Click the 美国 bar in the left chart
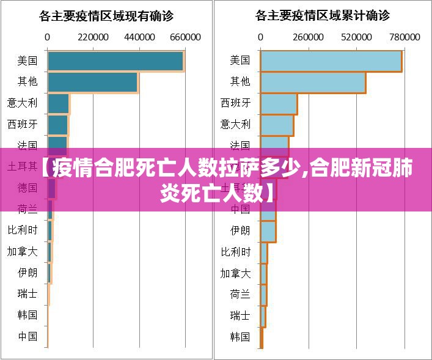(x=115, y=61)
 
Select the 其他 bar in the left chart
(x=93, y=83)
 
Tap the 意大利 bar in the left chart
(x=59, y=103)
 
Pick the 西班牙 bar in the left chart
(x=57, y=125)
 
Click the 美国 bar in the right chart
(x=331, y=61)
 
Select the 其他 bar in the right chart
(x=313, y=83)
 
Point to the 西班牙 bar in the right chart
(x=279, y=103)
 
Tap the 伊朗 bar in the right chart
(x=268, y=231)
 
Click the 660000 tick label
(x=185, y=37)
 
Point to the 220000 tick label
(x=93, y=37)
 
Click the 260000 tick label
(x=309, y=37)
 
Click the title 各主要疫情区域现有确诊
(x=107, y=15)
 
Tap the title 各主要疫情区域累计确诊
(x=322, y=15)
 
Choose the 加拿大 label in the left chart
(x=23, y=251)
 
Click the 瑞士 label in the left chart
(x=27, y=293)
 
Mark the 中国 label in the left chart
(x=27, y=336)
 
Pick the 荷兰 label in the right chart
(x=240, y=294)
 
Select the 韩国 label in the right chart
(x=240, y=336)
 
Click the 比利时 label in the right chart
(x=236, y=252)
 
